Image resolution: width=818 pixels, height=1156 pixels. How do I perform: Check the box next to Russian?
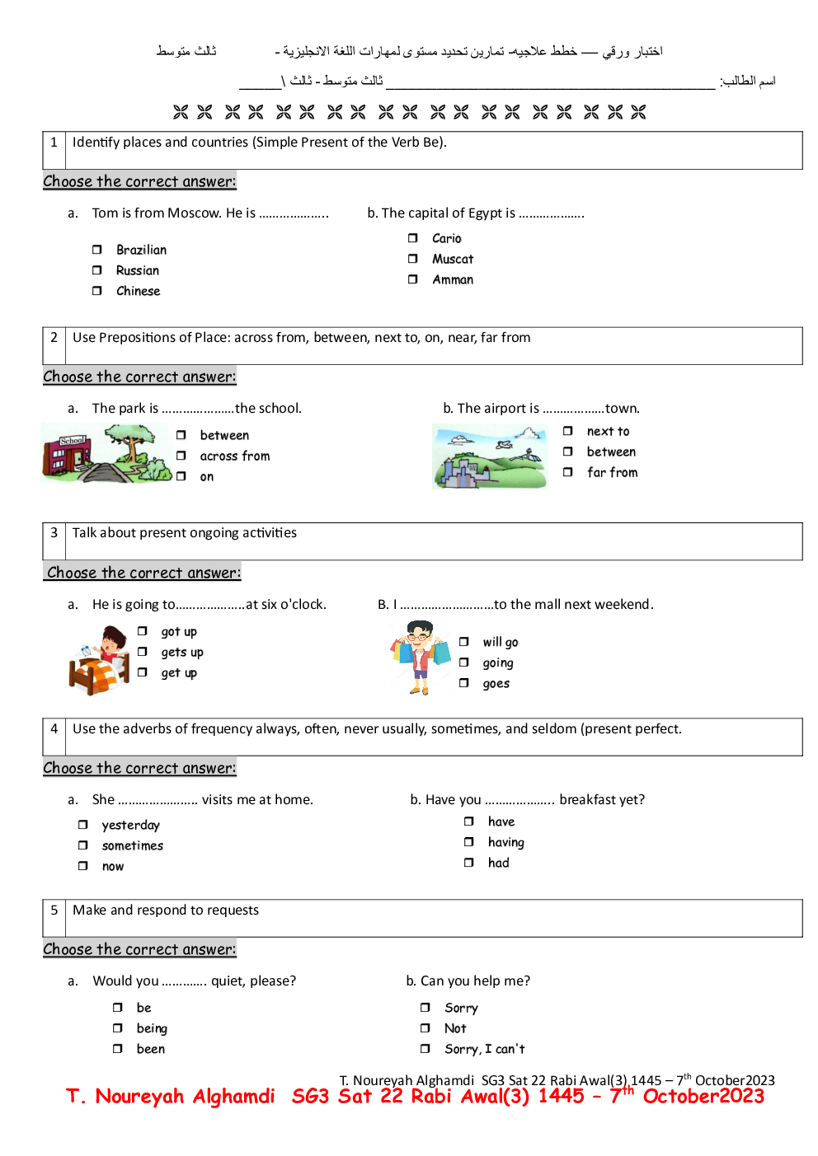97,270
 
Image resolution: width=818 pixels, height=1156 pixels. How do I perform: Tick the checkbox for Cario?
413,238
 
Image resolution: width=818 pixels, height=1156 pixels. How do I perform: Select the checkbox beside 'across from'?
181,456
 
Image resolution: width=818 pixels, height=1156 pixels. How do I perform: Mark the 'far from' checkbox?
568,472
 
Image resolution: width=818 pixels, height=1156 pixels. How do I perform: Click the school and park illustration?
106,453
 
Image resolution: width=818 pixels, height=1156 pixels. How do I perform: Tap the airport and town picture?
490,456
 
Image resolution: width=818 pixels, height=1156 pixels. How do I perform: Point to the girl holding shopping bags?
421,658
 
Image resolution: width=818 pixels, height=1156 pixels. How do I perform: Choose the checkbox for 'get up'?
143,672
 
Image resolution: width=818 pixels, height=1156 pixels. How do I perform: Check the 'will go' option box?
464,642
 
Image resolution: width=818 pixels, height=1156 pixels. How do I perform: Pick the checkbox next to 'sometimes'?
83,845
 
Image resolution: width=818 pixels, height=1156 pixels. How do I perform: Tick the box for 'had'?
469,863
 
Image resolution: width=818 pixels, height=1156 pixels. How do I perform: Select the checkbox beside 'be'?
118,1008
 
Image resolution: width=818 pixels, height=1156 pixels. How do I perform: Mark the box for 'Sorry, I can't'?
425,1049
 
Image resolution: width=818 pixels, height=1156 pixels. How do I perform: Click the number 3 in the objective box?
54,533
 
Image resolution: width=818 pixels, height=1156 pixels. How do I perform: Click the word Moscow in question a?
194,213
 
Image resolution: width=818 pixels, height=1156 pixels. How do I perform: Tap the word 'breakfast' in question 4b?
587,800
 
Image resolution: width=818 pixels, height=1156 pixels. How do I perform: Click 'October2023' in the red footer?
703,1097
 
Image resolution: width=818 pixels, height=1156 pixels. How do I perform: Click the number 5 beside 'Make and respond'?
54,910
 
